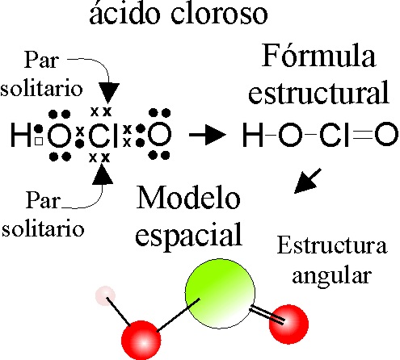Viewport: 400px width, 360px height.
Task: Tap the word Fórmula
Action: (318, 55)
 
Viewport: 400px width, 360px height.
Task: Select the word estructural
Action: (318, 91)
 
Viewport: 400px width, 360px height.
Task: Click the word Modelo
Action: (188, 198)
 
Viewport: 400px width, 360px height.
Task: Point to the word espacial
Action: (188, 235)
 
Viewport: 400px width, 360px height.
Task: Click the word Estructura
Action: (332, 245)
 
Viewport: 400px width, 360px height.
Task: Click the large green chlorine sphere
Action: (220, 294)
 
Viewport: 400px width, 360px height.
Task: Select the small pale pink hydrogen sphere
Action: (105, 296)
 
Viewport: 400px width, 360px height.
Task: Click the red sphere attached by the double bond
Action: (288, 324)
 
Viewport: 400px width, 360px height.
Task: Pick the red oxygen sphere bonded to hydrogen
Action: (141, 341)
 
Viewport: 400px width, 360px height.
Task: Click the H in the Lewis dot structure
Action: (21, 134)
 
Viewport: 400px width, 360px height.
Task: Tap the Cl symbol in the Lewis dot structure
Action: (103, 134)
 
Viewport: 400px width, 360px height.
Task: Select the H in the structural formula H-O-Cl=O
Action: (253, 135)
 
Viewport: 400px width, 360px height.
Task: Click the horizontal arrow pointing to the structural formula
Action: (208, 134)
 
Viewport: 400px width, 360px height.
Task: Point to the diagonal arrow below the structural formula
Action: (308, 181)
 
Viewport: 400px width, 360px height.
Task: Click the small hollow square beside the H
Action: (39, 141)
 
